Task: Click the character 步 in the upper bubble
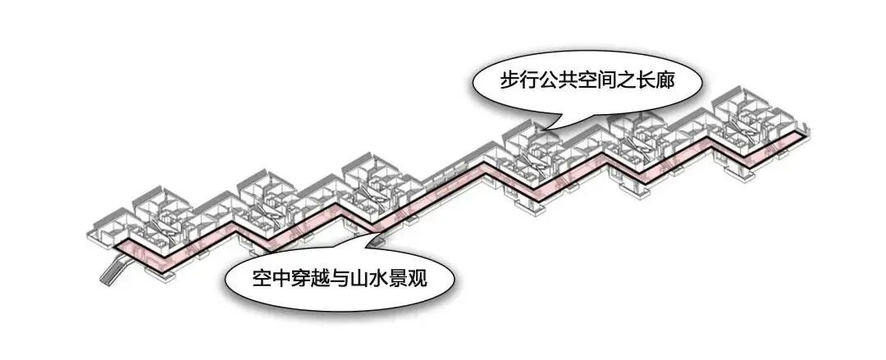pyautogui.click(x=512, y=80)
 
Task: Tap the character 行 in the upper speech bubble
pyautogui.click(x=534, y=80)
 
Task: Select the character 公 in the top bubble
pyautogui.click(x=556, y=80)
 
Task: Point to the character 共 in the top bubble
pyautogui.click(x=578, y=80)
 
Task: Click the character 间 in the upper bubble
pyautogui.click(x=623, y=80)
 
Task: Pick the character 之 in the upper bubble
pyautogui.click(x=645, y=80)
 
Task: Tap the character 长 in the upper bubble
pyautogui.click(x=666, y=80)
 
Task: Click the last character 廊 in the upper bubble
pyautogui.click(x=688, y=80)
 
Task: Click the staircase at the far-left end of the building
pyautogui.click(x=114, y=268)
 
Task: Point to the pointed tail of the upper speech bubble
pyautogui.click(x=549, y=125)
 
